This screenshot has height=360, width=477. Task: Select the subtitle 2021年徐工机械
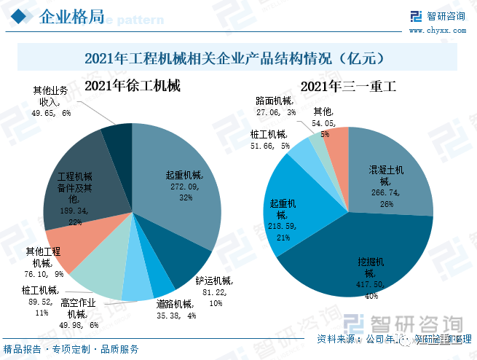tap(133, 86)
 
